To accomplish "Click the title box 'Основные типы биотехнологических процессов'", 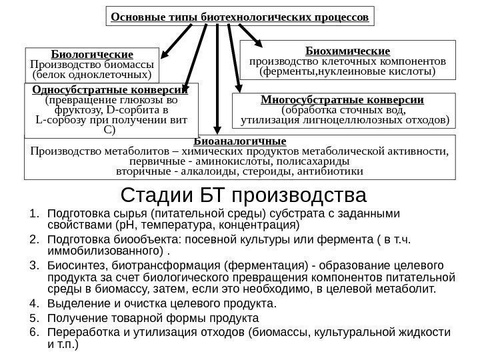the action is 240,16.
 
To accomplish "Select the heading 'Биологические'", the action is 92,53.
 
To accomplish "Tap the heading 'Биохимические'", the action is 347,50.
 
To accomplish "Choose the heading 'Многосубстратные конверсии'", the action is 343,100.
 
